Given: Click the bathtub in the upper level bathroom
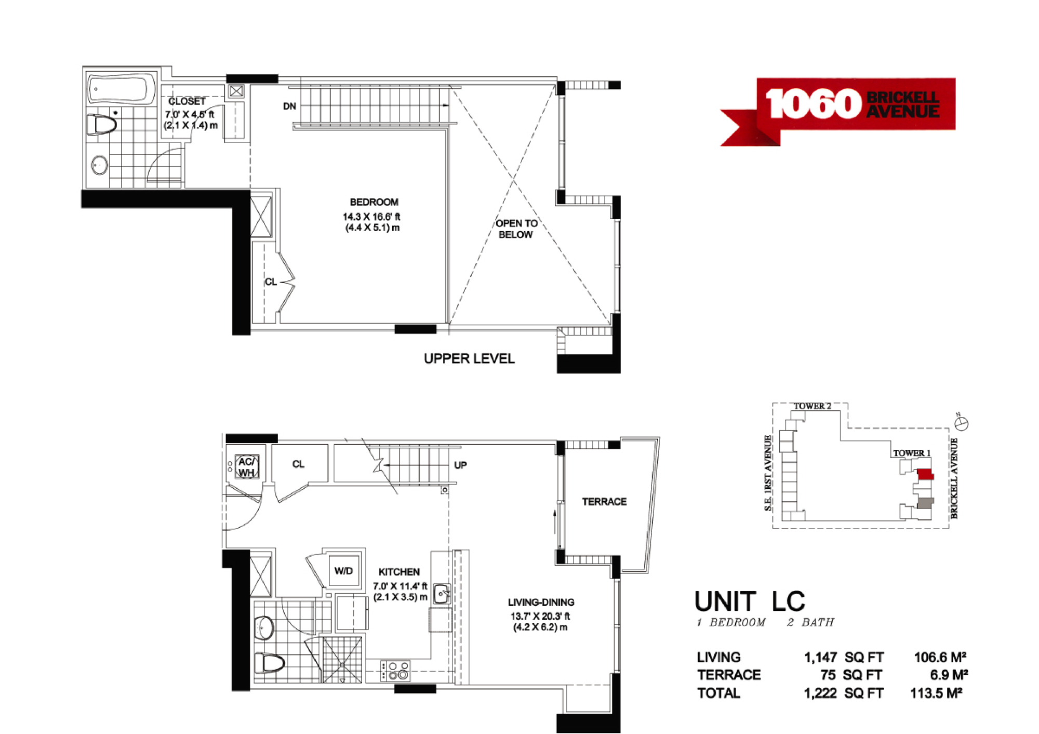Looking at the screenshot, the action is pos(121,89).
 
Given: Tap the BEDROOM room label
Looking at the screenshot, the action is pos(374,202).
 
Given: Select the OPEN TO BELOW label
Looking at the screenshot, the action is pos(516,229).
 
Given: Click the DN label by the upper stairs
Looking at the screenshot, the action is pos(289,106).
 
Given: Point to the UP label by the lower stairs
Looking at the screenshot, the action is pos(460,465).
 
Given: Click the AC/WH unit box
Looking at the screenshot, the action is pos(247,466).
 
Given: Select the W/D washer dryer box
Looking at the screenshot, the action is pos(343,571).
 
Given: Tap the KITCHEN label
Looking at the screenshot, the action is pos(399,572).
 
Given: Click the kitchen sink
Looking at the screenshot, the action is pos(442,593).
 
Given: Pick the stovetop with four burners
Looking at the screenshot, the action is pos(395,671).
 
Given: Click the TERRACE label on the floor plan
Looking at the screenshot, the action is pos(604,502).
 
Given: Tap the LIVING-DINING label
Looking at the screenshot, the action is pos(541,602).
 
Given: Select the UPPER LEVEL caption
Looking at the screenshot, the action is pos(469,358).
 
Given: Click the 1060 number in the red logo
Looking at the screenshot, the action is pos(813,104).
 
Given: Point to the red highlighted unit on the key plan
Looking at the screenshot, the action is pos(925,474).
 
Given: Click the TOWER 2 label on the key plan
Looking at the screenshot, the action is pos(812,406).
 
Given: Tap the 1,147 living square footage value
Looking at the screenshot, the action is pos(820,658).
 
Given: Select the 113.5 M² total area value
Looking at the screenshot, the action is pos(936,693).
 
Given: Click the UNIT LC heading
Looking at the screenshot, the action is pos(750,602).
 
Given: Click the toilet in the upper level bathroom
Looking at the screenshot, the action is pos(102,125).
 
